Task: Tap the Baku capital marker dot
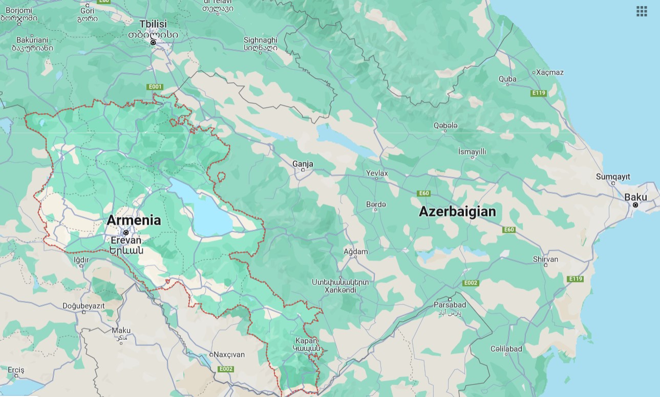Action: tap(635, 205)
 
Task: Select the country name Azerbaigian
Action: tap(457, 211)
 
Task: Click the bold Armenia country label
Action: tap(134, 220)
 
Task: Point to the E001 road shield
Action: tap(155, 87)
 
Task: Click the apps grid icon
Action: tap(642, 11)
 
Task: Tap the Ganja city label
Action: tap(303, 164)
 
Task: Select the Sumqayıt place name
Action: tap(613, 177)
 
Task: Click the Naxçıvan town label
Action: tap(229, 355)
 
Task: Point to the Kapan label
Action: tap(306, 341)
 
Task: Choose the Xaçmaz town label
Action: tap(549, 72)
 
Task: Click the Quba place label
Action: tap(507, 79)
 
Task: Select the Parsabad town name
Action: tap(450, 305)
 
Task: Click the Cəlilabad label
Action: tap(506, 349)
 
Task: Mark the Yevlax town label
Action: tap(377, 173)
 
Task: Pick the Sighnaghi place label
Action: tap(260, 40)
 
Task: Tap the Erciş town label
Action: tap(16, 370)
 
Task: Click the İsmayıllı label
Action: tap(472, 151)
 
